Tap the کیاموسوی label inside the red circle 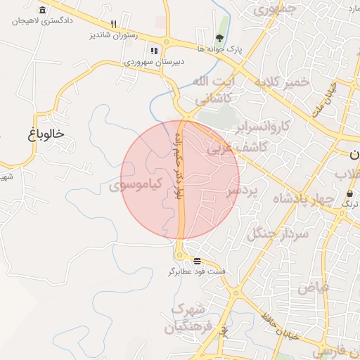tap(136, 185)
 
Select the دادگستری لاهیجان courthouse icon tap(44, 11)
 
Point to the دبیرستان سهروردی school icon tap(154, 51)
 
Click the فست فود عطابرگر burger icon tap(197, 260)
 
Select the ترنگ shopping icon tap(350, 193)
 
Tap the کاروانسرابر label tap(261, 127)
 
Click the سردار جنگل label tap(274, 233)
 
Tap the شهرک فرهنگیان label tap(187, 318)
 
